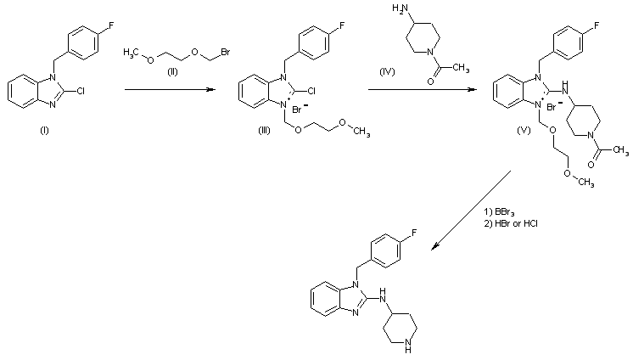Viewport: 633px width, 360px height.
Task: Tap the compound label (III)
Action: click(266, 141)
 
